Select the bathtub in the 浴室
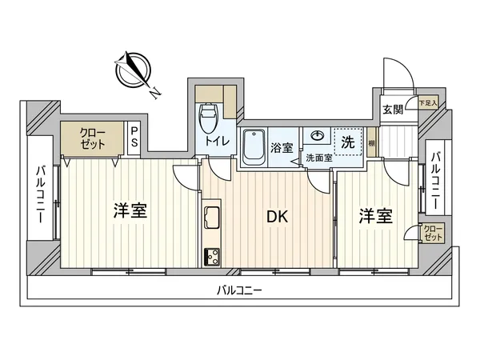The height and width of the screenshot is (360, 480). [x=254, y=146]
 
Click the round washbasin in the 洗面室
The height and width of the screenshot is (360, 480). [x=318, y=136]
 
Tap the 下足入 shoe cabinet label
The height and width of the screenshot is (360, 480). [x=428, y=102]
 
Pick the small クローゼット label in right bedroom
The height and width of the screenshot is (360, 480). [x=432, y=234]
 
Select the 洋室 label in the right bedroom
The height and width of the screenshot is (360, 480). [x=374, y=215]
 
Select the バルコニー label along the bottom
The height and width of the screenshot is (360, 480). [x=240, y=290]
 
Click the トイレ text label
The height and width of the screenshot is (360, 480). [x=217, y=142]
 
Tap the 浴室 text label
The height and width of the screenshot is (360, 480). [x=281, y=147]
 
